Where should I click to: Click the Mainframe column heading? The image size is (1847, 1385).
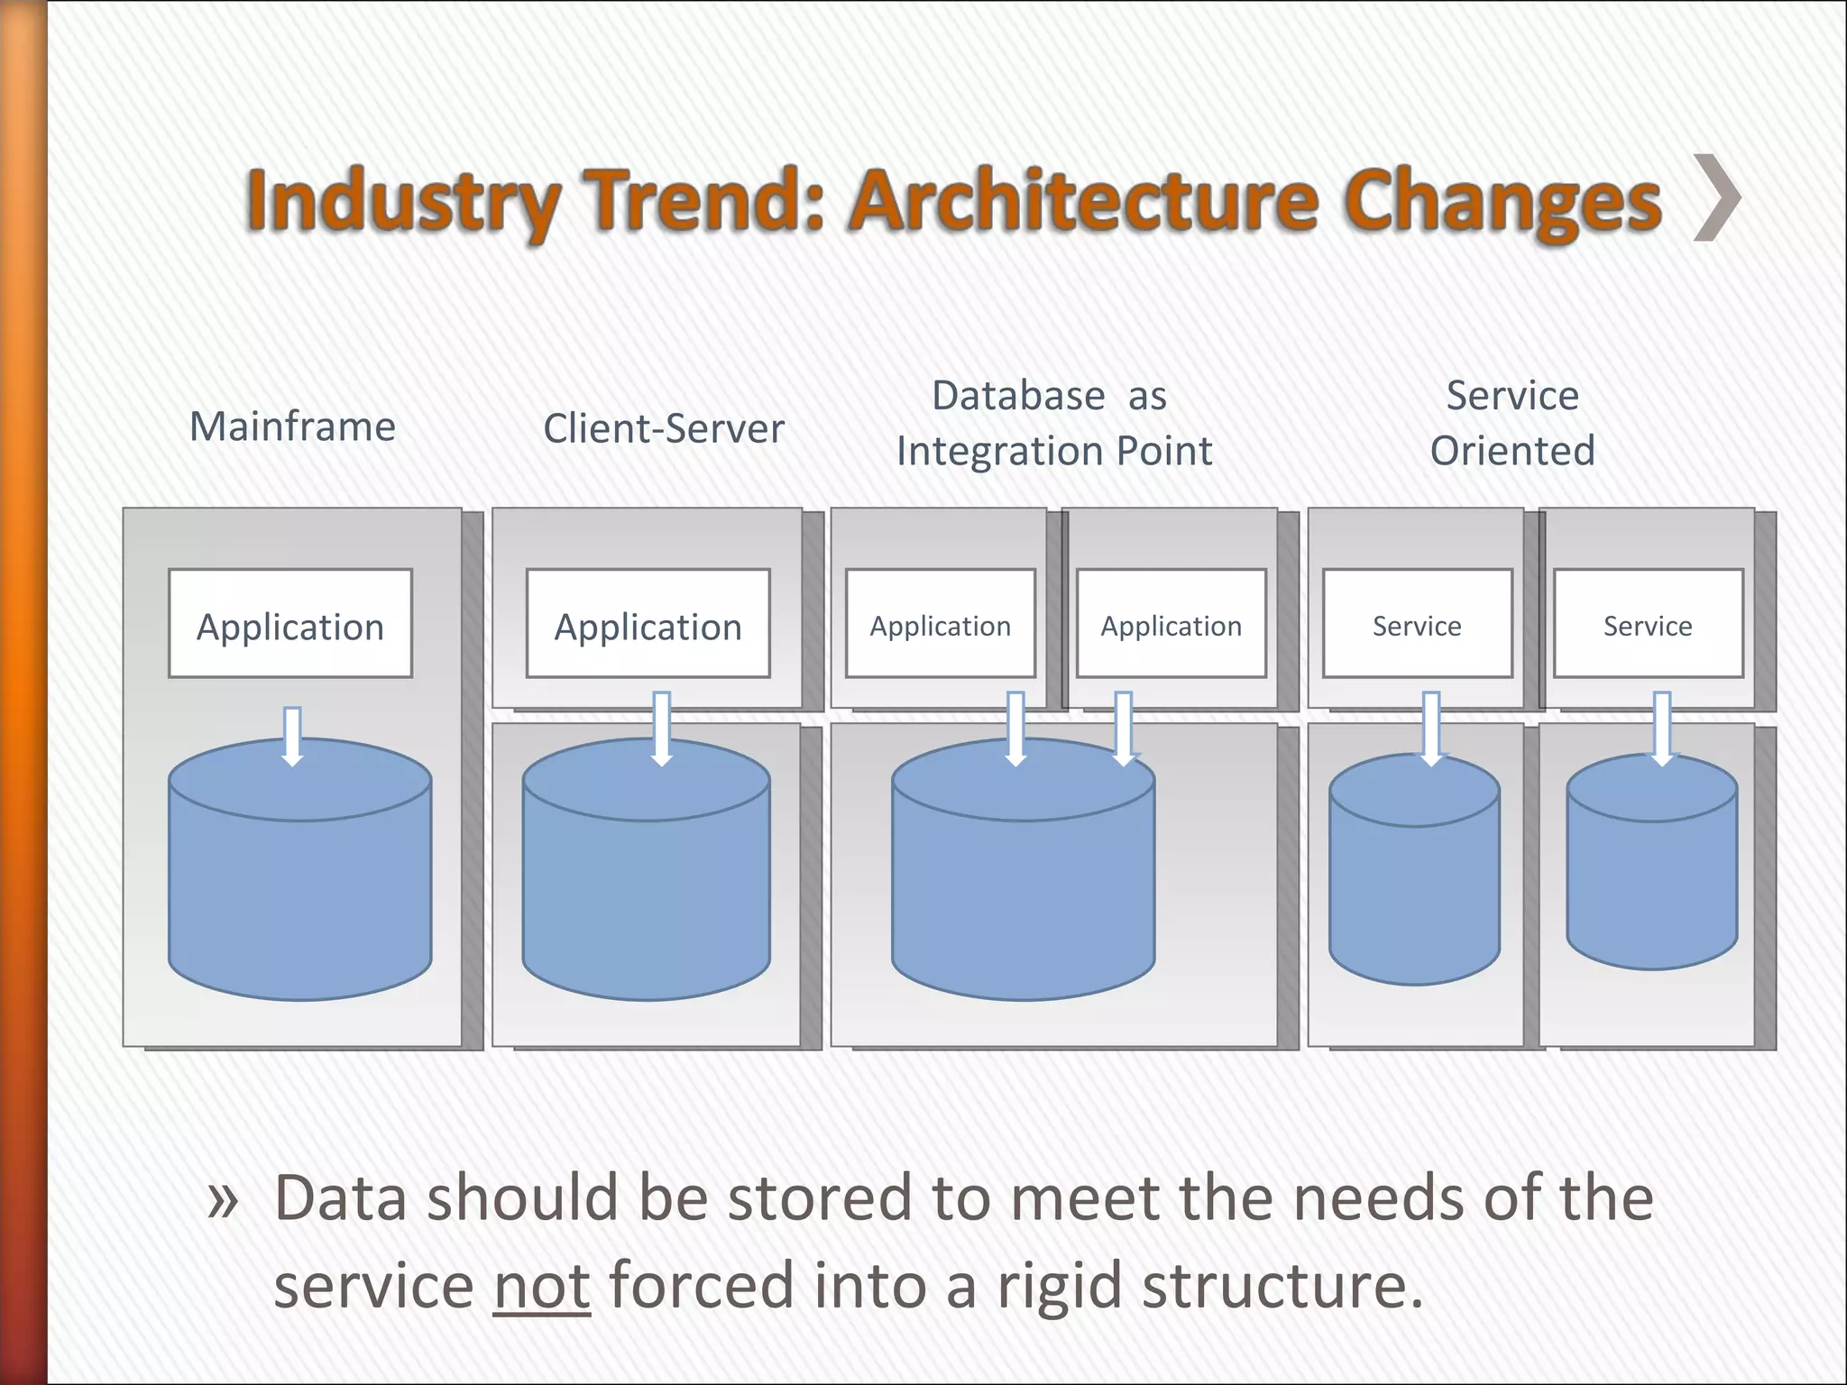pos(292,427)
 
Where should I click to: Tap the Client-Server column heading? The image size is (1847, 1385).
pos(664,428)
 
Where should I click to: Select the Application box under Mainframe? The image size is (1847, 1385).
pos(290,624)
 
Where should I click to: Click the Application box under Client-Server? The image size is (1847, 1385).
pos(648,624)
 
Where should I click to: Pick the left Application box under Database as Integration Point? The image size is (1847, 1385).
pos(940,624)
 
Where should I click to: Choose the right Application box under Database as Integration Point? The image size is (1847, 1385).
pos(1171,624)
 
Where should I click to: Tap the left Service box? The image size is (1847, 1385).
pos(1417,624)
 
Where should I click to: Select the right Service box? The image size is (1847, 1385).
pos(1648,624)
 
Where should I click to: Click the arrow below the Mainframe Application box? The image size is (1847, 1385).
pos(292,736)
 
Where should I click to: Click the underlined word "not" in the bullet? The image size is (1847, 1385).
pos(541,1286)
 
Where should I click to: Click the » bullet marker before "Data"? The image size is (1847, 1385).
pos(222,1201)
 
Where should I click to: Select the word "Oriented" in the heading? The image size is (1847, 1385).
pos(1512,451)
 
